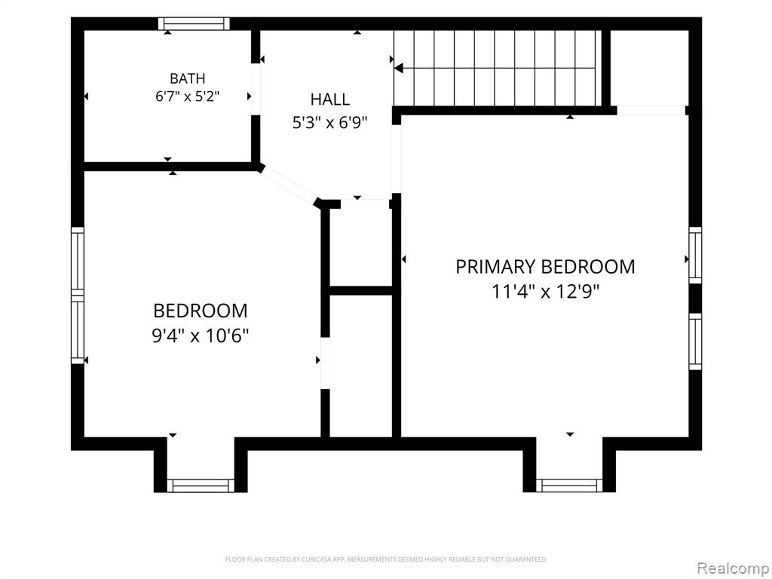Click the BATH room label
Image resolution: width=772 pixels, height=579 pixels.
(x=187, y=78)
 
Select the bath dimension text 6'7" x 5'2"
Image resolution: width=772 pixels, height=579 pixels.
(x=187, y=96)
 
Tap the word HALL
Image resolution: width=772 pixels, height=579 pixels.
(x=330, y=100)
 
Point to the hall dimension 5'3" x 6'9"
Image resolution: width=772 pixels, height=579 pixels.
(x=330, y=122)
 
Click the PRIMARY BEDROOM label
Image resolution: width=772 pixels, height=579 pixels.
(x=545, y=267)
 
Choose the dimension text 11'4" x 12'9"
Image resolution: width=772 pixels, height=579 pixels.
(x=546, y=292)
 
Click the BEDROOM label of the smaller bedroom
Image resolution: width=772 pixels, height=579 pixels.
(x=201, y=311)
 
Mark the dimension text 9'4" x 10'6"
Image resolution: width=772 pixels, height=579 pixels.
(x=201, y=335)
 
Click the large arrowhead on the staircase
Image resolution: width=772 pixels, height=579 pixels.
(x=400, y=68)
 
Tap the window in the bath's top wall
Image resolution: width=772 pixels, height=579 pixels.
(x=194, y=23)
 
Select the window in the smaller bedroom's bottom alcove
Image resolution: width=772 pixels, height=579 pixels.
(x=201, y=486)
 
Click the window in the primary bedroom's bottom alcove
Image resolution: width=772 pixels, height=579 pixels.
(x=569, y=486)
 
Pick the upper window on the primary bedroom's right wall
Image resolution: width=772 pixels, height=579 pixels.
(x=694, y=255)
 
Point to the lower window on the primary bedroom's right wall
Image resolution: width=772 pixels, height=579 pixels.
(x=694, y=342)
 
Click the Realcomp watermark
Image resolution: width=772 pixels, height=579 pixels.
(x=732, y=568)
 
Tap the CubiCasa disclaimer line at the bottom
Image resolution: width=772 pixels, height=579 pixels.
(x=386, y=559)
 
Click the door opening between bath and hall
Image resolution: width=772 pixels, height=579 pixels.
(x=255, y=89)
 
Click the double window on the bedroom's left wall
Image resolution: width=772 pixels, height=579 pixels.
(x=78, y=296)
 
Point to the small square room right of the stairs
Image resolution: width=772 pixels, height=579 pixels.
(x=649, y=67)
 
